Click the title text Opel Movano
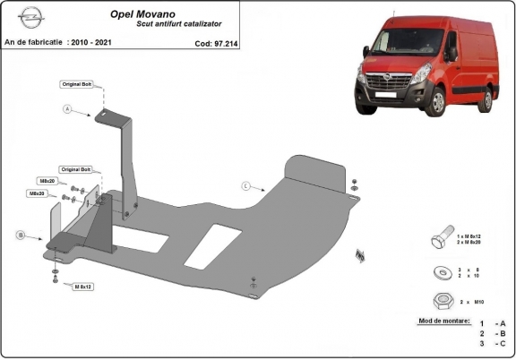tap(142, 14)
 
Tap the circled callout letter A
tap(67, 110)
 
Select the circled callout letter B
tap(20, 235)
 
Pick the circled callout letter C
tap(245, 185)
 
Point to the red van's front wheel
tap(438, 103)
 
